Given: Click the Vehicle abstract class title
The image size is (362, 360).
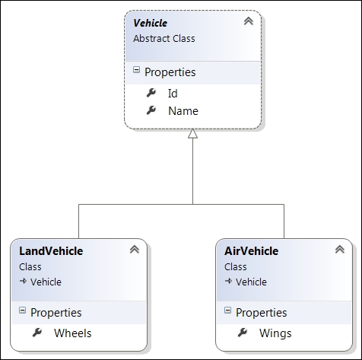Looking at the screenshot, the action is [151, 23].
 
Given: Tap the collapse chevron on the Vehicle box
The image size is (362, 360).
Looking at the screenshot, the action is [249, 21].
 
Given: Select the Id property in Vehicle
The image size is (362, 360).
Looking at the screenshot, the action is [173, 94].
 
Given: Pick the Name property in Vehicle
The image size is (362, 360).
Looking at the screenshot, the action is [183, 111].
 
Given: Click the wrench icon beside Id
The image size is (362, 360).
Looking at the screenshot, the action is [151, 93].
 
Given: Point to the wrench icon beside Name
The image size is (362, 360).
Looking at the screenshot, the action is [151, 110].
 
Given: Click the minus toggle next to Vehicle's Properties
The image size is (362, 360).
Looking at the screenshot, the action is [136, 70].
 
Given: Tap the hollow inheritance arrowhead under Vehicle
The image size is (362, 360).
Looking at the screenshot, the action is [192, 133].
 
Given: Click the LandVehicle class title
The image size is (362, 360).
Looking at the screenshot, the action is [51, 251].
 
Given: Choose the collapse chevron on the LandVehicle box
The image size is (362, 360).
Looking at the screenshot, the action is [135, 250].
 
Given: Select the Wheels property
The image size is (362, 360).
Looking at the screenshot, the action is [73, 333].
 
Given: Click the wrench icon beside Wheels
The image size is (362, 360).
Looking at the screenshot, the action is [37, 333].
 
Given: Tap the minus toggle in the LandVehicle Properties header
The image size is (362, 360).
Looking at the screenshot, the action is [22, 310].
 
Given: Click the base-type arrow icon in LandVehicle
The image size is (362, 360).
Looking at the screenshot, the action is [23, 281].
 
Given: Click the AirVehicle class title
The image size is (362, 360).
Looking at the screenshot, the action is [252, 251].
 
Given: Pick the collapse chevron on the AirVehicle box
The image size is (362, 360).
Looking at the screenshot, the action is [340, 250].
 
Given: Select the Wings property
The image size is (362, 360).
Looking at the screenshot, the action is [275, 333].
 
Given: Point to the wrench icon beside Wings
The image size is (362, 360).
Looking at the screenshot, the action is [243, 333].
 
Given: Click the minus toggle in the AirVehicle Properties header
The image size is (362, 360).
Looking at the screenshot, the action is [227, 310].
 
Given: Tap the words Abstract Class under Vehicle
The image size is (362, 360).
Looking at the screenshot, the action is [164, 39].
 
